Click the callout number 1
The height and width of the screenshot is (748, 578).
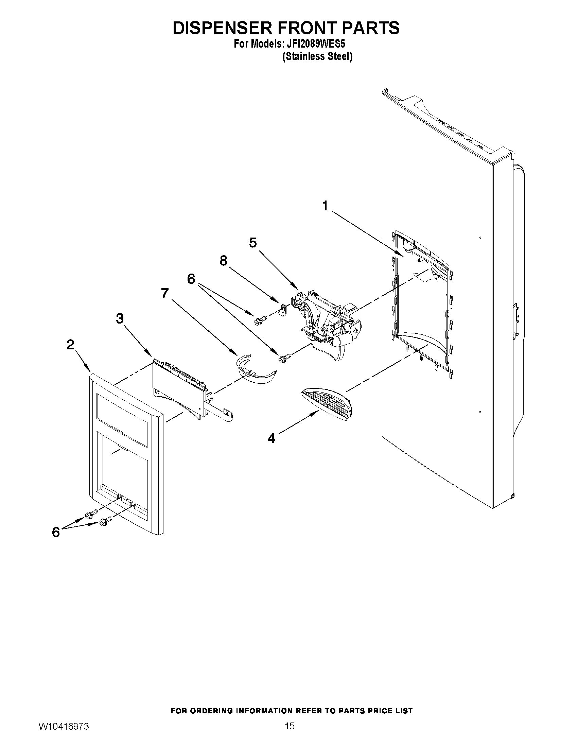pyautogui.click(x=325, y=206)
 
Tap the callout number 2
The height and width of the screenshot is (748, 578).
pyautogui.click(x=70, y=345)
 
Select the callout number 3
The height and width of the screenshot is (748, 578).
pyautogui.click(x=120, y=318)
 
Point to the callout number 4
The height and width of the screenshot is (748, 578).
pyautogui.click(x=271, y=438)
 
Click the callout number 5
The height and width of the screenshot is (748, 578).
pyautogui.click(x=253, y=243)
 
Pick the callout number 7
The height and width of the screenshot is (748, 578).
pyautogui.click(x=165, y=293)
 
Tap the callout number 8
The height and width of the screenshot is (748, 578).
pyautogui.click(x=223, y=261)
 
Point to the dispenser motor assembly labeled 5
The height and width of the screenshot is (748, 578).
pyautogui.click(x=329, y=322)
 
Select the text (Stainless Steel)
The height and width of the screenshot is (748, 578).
pyautogui.click(x=317, y=56)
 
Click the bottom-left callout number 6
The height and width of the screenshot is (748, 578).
pyautogui.click(x=55, y=532)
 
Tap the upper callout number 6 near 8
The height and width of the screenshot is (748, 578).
pyautogui.click(x=191, y=279)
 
